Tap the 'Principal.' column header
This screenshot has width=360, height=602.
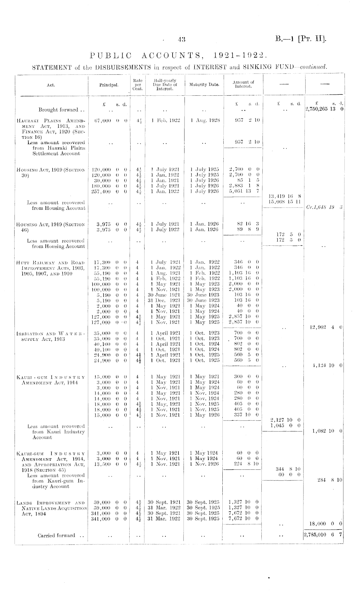click(109, 85)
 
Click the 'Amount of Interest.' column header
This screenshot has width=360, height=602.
click(243, 84)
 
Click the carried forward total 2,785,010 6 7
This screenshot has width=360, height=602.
click(323, 534)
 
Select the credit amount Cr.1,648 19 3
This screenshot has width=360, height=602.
click(324, 207)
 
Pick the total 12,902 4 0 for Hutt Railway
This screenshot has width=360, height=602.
click(326, 328)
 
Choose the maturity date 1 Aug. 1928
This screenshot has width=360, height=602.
click(205, 120)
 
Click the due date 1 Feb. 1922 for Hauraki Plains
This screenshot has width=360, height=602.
click(165, 120)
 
